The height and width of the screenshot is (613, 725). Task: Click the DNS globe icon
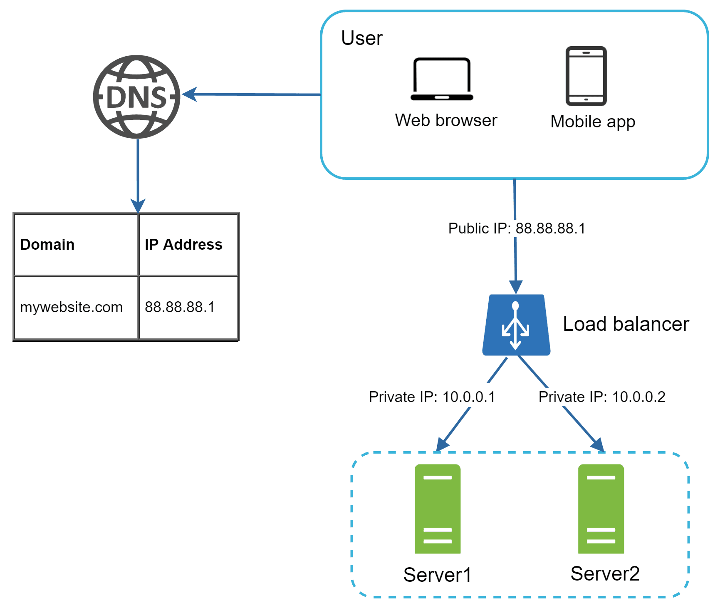(x=136, y=97)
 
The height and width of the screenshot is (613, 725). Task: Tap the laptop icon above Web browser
(x=442, y=79)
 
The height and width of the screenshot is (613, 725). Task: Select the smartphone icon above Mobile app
(x=586, y=76)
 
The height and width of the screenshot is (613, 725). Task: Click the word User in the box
(x=361, y=38)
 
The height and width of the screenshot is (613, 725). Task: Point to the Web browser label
(x=446, y=120)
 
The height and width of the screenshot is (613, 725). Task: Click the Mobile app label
(x=592, y=122)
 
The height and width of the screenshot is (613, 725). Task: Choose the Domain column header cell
(x=76, y=245)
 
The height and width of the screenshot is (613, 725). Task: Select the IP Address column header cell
(x=188, y=245)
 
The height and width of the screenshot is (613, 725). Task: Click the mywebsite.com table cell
(x=76, y=307)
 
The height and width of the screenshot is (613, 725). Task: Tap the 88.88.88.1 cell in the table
(x=188, y=307)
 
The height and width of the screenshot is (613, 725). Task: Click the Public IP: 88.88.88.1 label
(x=516, y=228)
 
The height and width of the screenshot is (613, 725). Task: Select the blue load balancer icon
(x=516, y=325)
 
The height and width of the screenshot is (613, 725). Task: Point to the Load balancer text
(x=626, y=324)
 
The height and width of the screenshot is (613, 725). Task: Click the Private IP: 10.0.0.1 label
(x=432, y=397)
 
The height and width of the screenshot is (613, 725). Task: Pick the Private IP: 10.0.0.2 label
(x=601, y=397)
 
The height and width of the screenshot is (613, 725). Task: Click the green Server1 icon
(x=438, y=509)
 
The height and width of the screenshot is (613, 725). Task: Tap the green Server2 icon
(x=601, y=509)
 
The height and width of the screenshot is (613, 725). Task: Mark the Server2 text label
(x=605, y=573)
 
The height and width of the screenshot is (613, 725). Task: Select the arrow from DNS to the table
(x=138, y=175)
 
